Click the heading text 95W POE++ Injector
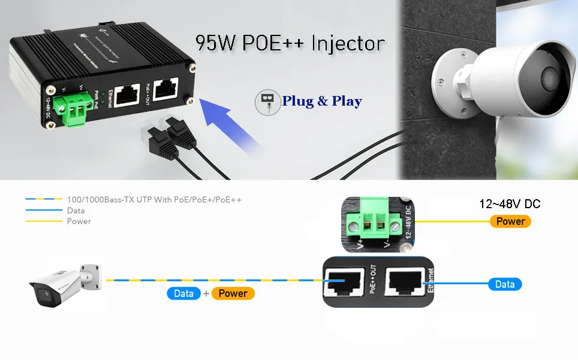click(x=290, y=44)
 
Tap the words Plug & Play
click(x=322, y=101)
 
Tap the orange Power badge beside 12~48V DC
click(x=510, y=221)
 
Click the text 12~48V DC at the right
click(x=510, y=204)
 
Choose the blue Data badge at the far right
click(x=505, y=284)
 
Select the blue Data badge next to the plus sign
click(x=183, y=293)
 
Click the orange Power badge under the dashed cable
click(x=233, y=293)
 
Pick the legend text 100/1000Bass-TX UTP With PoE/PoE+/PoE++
click(x=154, y=199)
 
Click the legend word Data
click(x=76, y=211)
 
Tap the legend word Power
click(x=79, y=221)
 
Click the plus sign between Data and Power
click(x=206, y=293)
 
